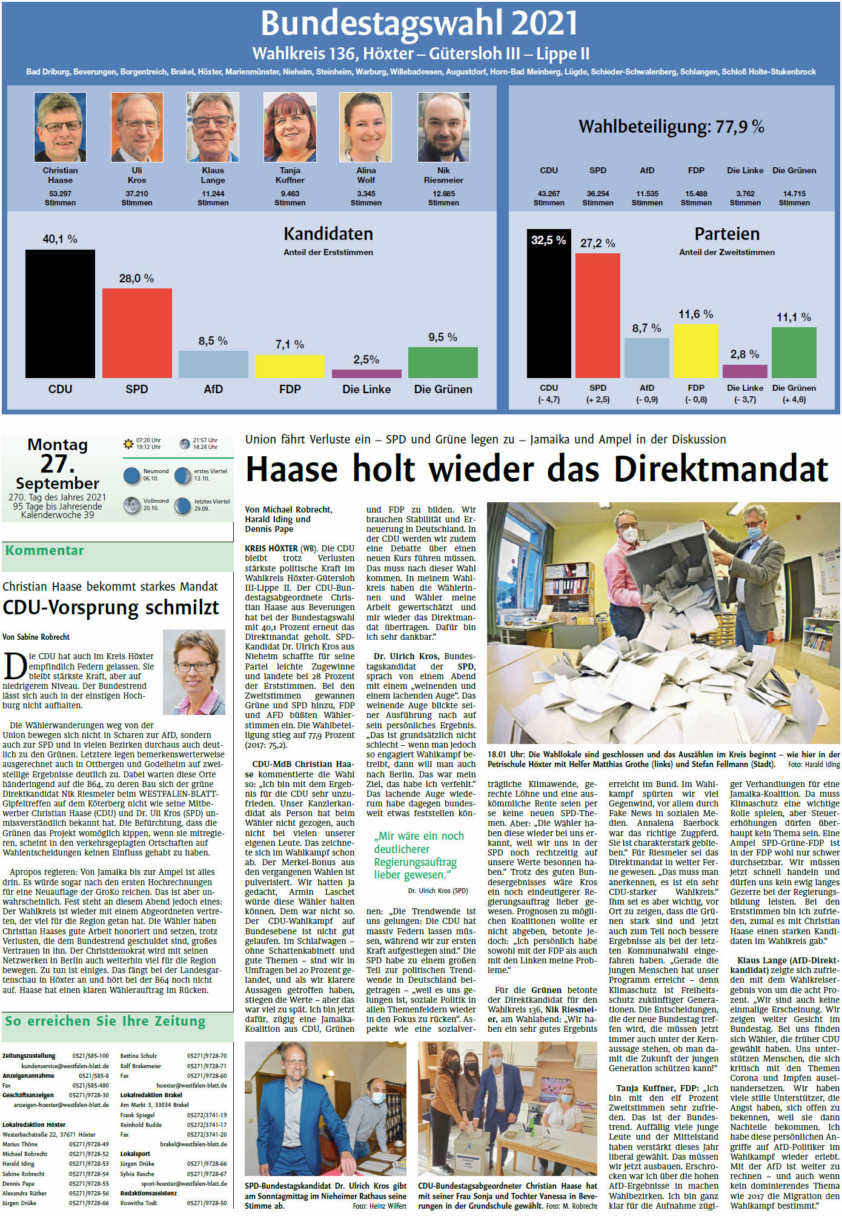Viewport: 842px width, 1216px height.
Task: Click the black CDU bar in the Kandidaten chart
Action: [60, 313]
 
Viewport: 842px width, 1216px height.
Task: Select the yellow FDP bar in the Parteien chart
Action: [695, 351]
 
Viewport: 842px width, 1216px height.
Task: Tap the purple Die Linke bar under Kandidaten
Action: [366, 373]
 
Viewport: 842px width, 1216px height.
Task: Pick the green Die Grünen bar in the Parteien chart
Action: [794, 352]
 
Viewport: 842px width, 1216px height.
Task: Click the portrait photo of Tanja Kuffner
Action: [290, 127]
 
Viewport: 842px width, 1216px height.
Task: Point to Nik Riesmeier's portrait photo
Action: [443, 127]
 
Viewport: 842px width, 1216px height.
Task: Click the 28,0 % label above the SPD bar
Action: [136, 279]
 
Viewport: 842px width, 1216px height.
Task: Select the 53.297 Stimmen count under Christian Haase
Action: [60, 198]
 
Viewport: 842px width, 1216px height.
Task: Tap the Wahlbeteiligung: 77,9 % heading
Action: [671, 127]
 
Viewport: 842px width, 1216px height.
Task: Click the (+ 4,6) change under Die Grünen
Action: [794, 400]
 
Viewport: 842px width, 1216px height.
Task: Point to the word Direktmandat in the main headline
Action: [721, 470]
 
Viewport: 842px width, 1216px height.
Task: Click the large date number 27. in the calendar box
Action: [58, 464]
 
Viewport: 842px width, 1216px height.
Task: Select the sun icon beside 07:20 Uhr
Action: [128, 444]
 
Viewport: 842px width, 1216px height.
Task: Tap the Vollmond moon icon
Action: [131, 505]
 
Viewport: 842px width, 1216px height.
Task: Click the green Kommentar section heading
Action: [45, 551]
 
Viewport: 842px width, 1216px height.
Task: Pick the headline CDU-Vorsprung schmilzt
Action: [111, 608]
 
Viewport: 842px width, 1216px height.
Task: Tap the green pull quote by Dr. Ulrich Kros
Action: [419, 855]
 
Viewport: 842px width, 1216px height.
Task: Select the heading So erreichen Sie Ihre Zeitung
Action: [105, 1022]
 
